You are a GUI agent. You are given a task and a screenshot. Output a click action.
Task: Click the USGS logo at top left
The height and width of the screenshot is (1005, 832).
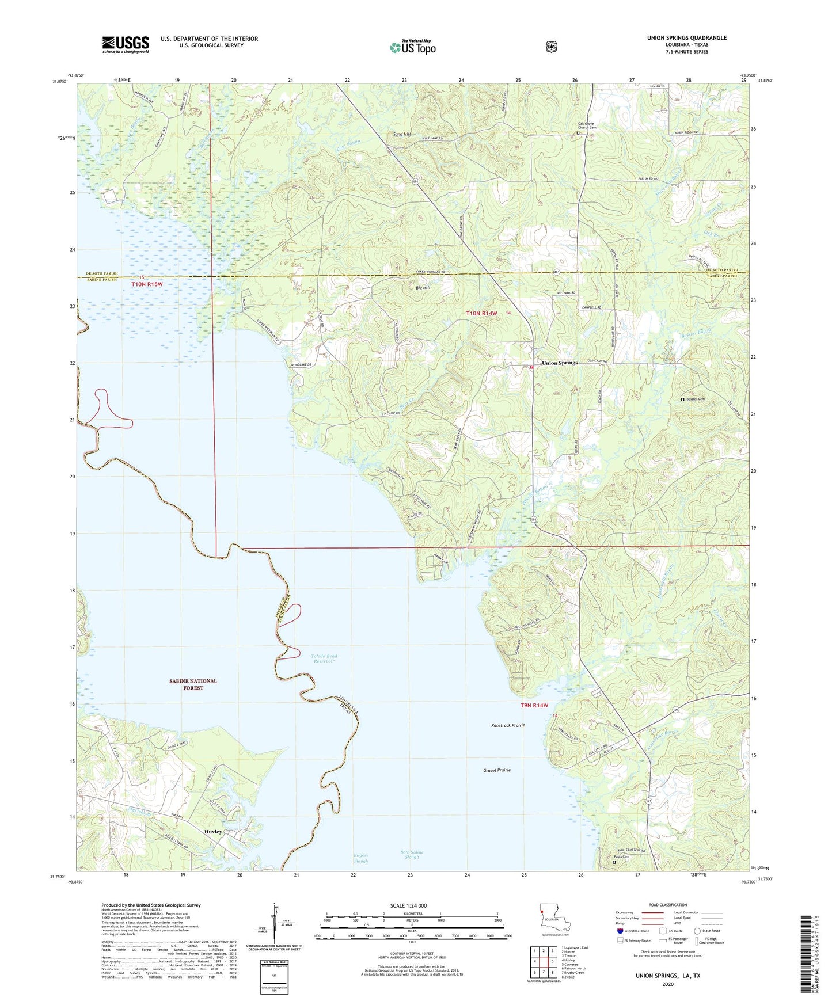(126, 44)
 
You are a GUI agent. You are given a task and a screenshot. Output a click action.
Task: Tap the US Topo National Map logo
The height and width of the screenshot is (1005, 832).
(413, 47)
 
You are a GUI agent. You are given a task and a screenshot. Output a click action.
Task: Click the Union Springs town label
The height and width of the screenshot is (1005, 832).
(559, 363)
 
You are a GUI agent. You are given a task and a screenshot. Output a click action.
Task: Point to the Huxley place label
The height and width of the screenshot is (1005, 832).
(213, 832)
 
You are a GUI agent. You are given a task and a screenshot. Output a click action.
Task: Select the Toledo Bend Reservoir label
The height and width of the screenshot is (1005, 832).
(324, 658)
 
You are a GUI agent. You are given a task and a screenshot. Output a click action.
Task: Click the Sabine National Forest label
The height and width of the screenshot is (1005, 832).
(193, 684)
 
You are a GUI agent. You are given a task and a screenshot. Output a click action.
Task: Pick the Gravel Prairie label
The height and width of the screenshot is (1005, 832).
(496, 770)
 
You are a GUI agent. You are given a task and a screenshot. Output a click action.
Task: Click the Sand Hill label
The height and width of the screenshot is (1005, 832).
(402, 134)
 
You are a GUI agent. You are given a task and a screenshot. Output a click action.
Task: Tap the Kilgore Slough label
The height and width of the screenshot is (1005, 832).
(361, 858)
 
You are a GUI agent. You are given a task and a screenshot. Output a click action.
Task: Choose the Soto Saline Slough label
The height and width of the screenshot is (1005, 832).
(412, 855)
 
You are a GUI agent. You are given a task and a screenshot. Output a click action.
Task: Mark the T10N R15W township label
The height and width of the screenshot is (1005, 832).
(147, 284)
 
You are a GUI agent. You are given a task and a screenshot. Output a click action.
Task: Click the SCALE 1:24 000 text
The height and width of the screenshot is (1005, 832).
(408, 905)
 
